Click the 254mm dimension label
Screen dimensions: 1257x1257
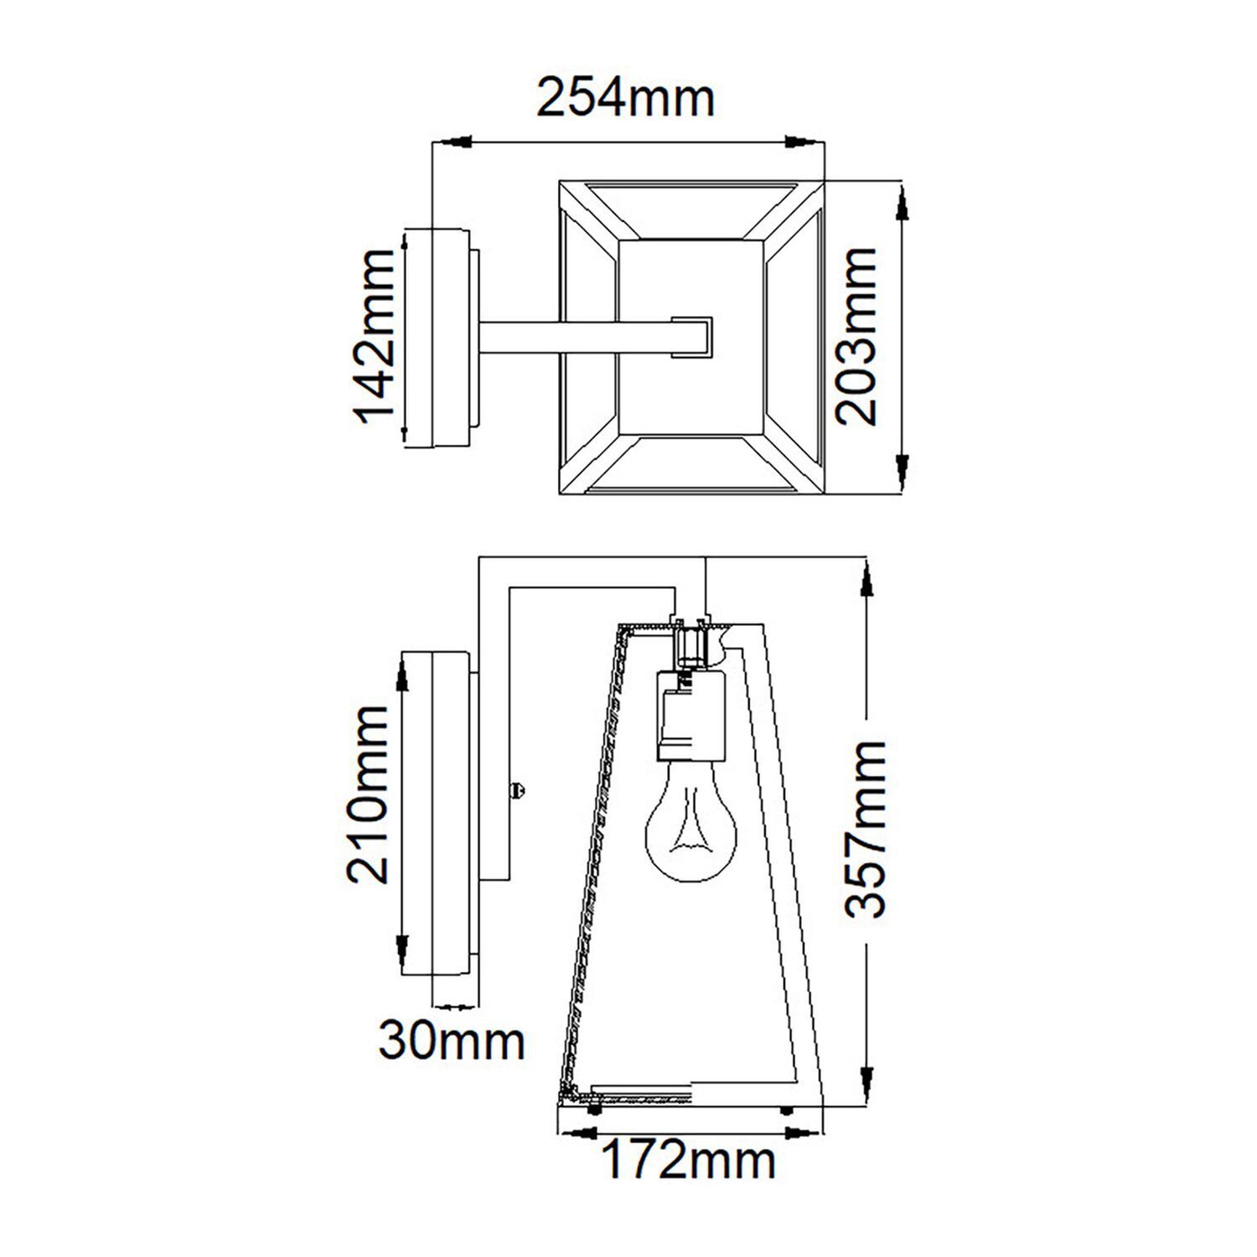point(625,99)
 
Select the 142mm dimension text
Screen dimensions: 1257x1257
point(371,337)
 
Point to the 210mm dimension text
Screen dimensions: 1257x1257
point(369,794)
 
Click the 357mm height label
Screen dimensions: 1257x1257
point(864,830)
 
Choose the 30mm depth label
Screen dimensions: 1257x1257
point(452,1042)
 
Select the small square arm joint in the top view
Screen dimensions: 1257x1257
point(692,337)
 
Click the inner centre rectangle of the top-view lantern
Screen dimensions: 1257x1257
point(691,338)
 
